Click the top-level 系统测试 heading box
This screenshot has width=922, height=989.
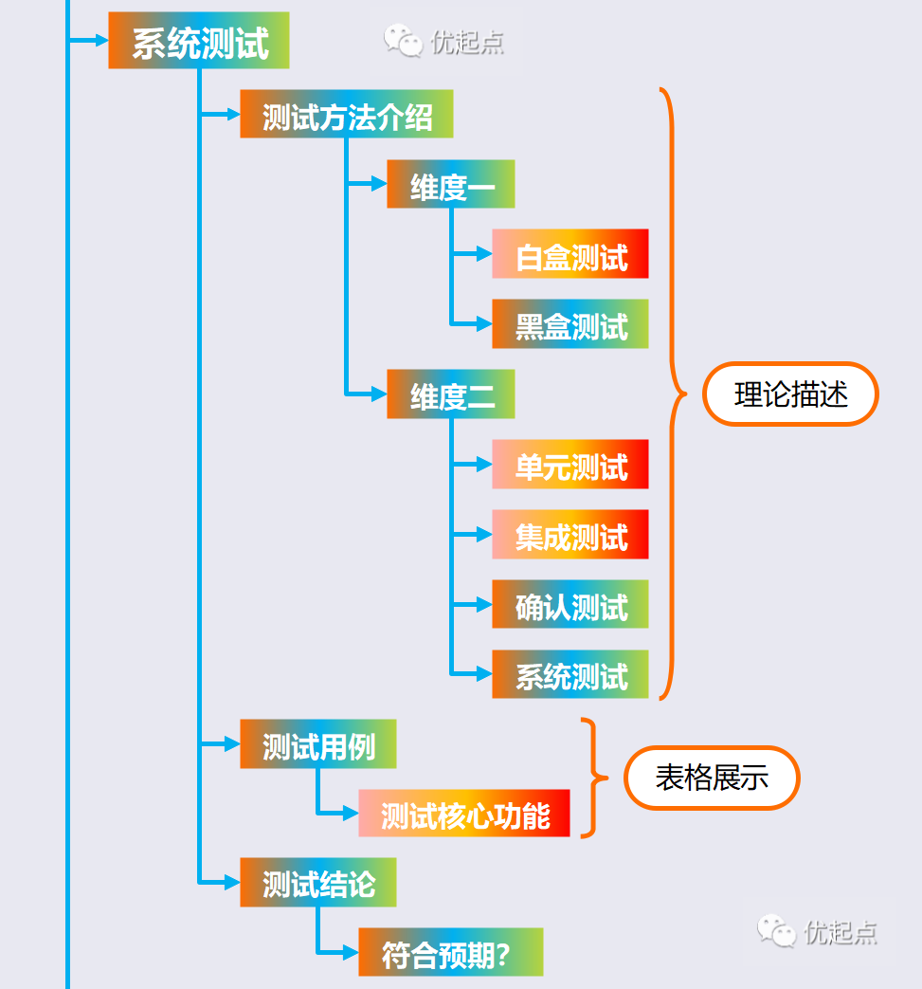point(199,41)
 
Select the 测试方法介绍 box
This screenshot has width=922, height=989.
point(346,114)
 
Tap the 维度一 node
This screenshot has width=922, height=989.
point(450,184)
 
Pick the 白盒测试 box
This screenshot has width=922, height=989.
point(569,254)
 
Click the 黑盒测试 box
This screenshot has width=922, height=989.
point(569,324)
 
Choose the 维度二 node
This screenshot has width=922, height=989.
point(450,394)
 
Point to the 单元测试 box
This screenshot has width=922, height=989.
point(569,465)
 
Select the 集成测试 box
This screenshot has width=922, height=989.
point(569,535)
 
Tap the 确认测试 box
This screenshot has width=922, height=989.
point(569,605)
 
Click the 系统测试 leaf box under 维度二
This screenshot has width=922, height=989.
point(569,675)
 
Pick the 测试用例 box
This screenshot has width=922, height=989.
point(317,744)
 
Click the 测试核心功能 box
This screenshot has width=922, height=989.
point(464,814)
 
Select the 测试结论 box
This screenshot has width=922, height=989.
point(317,883)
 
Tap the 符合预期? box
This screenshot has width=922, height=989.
point(450,953)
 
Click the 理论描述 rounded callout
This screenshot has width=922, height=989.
point(790,394)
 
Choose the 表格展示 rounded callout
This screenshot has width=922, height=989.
point(712,778)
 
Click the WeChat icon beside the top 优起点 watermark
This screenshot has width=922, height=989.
point(403,40)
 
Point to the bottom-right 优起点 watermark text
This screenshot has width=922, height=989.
point(841,932)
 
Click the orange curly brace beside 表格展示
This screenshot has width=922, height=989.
point(591,778)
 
